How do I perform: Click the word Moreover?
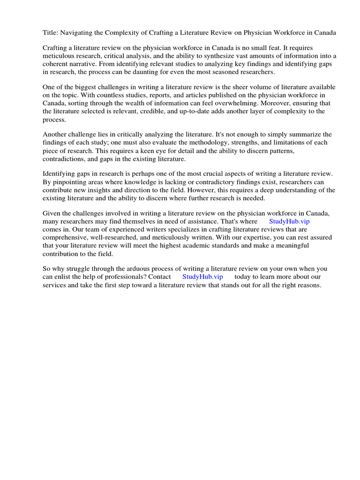(x=295, y=103)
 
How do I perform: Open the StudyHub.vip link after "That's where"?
(x=289, y=221)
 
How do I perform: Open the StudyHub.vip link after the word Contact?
(x=202, y=277)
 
